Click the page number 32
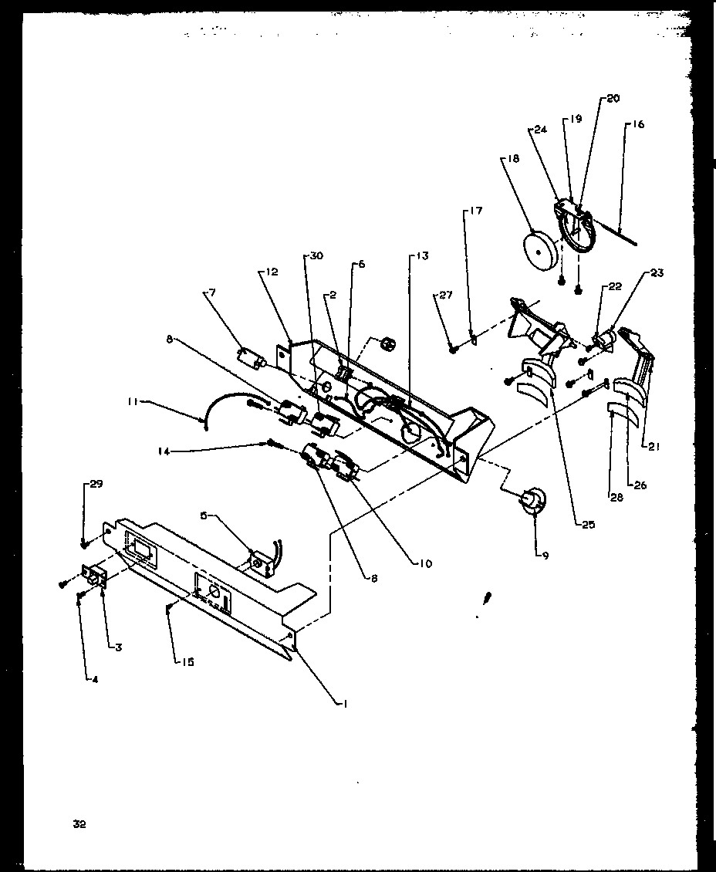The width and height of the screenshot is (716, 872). [79, 824]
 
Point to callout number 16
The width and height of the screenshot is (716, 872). [639, 124]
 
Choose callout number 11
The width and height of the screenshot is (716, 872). [133, 401]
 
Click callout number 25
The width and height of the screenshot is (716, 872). [589, 524]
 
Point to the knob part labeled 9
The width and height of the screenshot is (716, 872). [531, 502]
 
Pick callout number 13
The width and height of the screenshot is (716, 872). [422, 255]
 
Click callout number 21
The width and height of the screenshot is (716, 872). [654, 445]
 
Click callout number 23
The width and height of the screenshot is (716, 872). [656, 272]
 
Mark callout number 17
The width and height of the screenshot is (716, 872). [475, 210]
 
